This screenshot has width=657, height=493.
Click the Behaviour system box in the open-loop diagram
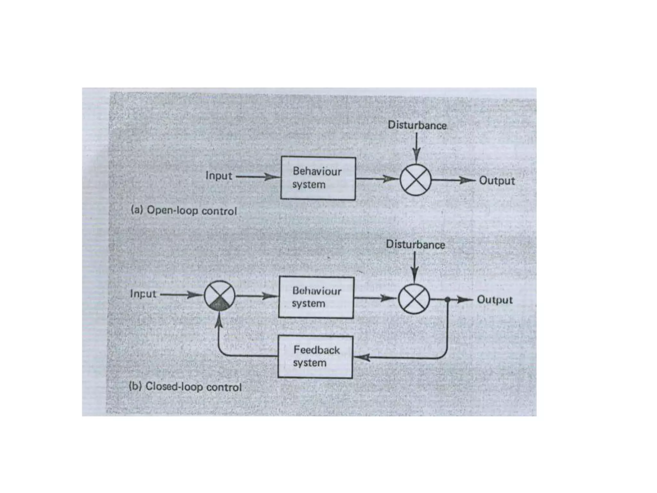(x=318, y=178)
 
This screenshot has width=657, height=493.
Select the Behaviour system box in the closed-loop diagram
(x=316, y=297)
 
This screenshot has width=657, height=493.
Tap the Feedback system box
(x=315, y=357)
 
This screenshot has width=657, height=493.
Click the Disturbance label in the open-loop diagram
(x=417, y=125)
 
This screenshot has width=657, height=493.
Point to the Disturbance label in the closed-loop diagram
(x=415, y=245)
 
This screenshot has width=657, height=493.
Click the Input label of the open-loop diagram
(x=218, y=176)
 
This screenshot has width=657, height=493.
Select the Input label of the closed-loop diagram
(x=143, y=294)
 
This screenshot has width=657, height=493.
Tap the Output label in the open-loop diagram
(x=497, y=180)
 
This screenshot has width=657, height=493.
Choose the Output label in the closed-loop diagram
(x=495, y=300)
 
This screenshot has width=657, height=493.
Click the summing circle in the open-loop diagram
(x=415, y=180)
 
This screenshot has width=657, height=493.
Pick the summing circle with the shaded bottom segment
(x=220, y=296)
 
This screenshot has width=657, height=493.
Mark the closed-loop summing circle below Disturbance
(x=414, y=299)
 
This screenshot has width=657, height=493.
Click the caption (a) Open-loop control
(x=184, y=211)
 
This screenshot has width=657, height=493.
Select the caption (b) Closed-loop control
(x=185, y=386)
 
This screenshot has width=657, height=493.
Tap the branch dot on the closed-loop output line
(x=448, y=299)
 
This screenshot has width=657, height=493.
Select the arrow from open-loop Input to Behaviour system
(x=258, y=177)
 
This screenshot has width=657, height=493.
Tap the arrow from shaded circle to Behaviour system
(x=257, y=296)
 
